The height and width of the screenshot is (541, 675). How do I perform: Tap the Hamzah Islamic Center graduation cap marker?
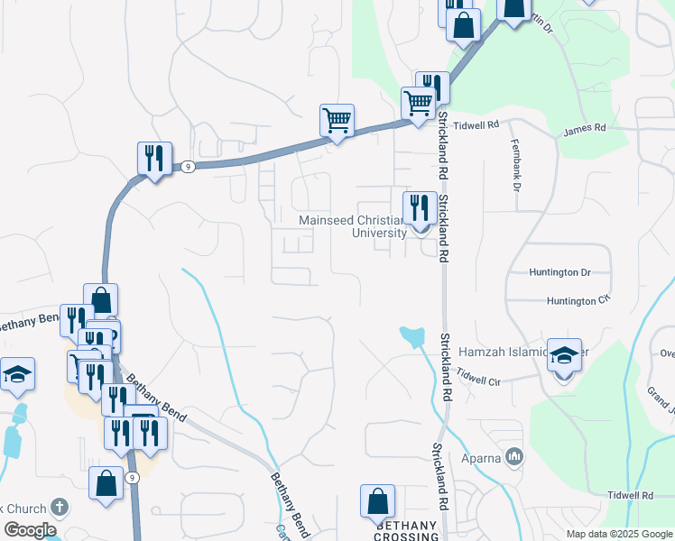point(563,357)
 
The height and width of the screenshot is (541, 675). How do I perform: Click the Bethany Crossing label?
point(406,530)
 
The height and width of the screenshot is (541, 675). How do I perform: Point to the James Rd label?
point(584,129)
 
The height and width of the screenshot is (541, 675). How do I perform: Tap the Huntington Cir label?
point(578,300)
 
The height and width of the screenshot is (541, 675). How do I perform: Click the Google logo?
point(30,530)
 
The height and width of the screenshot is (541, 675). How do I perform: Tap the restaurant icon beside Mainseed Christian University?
point(420,208)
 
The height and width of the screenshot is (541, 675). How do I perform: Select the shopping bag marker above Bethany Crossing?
point(377,502)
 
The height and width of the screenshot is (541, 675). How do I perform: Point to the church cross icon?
point(60,507)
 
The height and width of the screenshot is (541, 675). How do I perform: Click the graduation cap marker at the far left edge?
point(17,374)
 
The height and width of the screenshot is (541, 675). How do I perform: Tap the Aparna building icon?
point(515,456)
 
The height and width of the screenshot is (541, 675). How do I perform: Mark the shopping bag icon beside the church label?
point(106,483)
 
